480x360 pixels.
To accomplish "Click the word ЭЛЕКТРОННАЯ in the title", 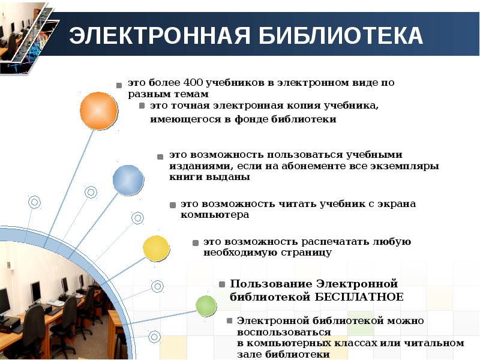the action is click(x=160, y=35).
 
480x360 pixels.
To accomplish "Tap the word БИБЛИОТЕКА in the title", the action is click(x=340, y=35).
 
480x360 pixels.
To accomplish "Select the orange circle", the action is click(x=98, y=111).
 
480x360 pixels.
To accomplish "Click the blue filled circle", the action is click(x=128, y=180).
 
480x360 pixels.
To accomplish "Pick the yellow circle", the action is click(x=156, y=248).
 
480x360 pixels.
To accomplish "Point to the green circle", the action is click(x=206, y=305).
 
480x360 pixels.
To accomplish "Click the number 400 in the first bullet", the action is click(x=193, y=83).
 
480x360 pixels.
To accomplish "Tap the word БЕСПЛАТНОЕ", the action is click(x=359, y=297).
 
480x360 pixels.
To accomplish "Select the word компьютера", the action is click(x=215, y=215).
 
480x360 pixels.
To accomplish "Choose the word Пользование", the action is click(x=271, y=284).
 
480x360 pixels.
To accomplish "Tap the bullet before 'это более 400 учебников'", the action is click(x=119, y=85).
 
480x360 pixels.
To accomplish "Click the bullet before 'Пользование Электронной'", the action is click(x=222, y=284).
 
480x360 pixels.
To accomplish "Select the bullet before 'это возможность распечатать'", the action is click(x=196, y=243).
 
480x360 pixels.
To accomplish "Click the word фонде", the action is click(x=251, y=119).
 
